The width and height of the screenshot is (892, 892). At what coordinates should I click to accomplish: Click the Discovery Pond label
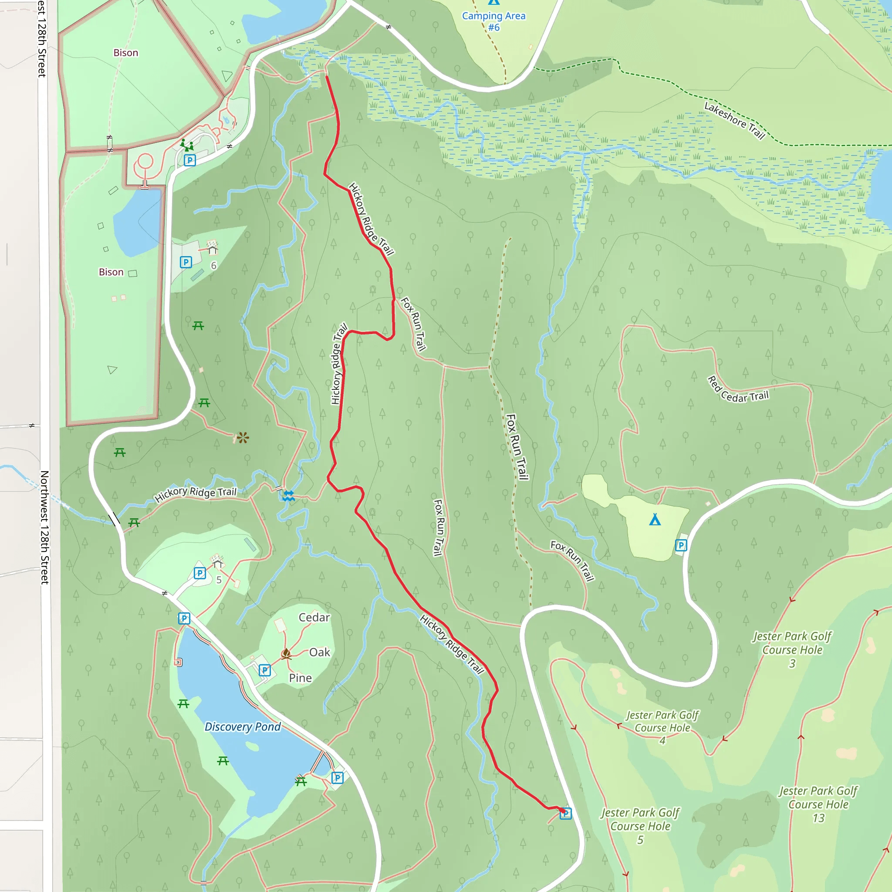(x=243, y=727)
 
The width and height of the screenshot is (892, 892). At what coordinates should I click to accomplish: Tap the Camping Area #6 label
(x=493, y=21)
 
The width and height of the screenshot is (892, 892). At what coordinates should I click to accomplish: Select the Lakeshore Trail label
(x=735, y=121)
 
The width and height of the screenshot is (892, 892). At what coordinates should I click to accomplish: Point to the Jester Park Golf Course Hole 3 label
(x=792, y=649)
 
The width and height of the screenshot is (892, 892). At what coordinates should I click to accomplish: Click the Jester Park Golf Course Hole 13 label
(x=818, y=804)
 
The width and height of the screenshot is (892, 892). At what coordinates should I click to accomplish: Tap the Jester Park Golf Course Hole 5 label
(x=640, y=826)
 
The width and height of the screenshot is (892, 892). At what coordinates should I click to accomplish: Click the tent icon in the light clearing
(x=655, y=520)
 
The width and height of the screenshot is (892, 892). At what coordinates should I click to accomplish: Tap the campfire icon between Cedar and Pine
(x=286, y=653)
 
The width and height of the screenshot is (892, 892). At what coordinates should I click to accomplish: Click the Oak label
(x=320, y=652)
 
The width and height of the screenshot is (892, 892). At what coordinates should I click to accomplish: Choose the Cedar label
(x=314, y=617)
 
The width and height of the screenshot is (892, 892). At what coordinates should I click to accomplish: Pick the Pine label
(x=300, y=678)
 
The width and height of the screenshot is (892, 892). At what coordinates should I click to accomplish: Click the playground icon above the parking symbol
(x=186, y=145)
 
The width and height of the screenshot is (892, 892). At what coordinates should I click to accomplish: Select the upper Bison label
(x=125, y=53)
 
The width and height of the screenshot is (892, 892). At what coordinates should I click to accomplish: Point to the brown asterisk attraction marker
(x=243, y=437)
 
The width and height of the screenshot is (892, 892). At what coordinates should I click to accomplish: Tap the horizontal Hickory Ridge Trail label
(x=195, y=494)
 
